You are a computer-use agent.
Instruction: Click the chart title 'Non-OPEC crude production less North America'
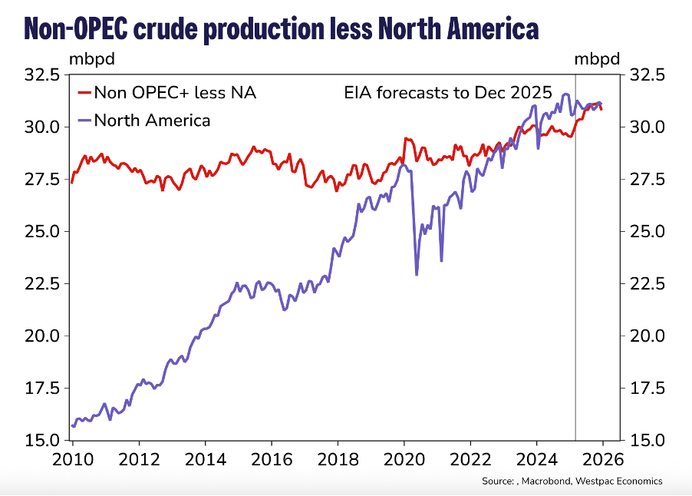(x=281, y=28)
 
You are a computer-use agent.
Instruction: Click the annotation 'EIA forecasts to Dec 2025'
(x=447, y=93)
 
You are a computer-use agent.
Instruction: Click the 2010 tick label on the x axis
(x=74, y=459)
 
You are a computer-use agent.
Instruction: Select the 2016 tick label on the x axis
(x=272, y=459)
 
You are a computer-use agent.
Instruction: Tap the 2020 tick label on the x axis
(x=404, y=459)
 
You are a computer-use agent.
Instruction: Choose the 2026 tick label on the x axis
(x=602, y=459)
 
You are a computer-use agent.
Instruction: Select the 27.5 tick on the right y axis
(x=646, y=180)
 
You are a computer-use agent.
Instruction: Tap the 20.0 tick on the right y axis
(x=646, y=336)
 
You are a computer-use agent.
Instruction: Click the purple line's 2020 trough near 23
(x=417, y=274)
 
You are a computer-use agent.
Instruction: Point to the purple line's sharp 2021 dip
(x=441, y=260)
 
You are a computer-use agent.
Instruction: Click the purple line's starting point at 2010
(x=73, y=425)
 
